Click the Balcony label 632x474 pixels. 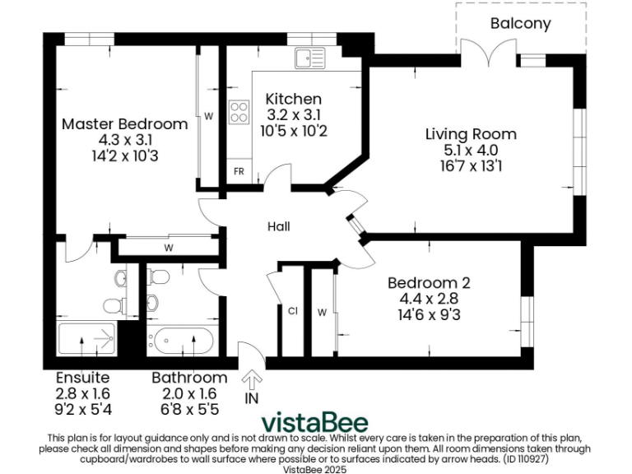point(520,23)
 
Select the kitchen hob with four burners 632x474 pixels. point(239,112)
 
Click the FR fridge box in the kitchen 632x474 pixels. point(239,172)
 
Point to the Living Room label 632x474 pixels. point(471,134)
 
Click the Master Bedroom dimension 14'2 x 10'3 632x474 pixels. point(125,156)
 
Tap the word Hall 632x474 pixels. point(278,226)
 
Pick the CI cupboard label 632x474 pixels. point(292,311)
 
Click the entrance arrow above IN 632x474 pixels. point(252,379)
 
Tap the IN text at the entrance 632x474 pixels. point(252,399)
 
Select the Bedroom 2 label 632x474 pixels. point(429,282)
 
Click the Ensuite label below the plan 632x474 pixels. point(81,378)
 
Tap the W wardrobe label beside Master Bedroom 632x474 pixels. point(209,116)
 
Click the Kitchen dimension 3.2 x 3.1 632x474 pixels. point(293,115)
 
